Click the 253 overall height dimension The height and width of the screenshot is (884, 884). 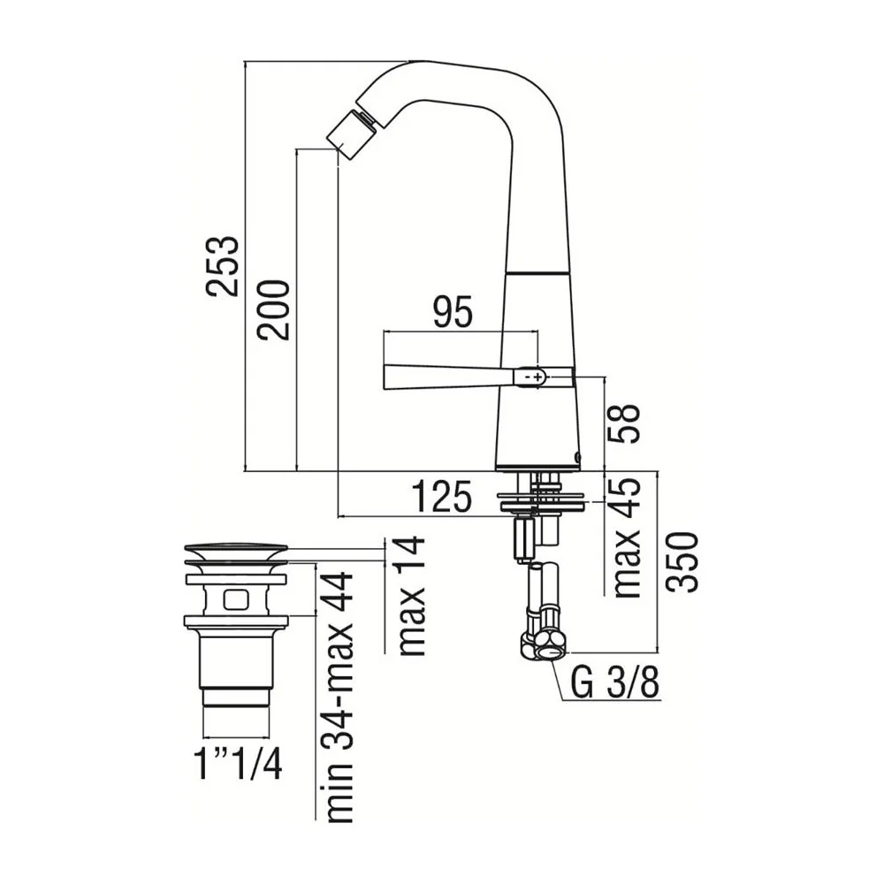[222, 265]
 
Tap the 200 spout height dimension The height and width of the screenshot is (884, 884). [273, 309]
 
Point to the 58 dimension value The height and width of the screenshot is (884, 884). [625, 423]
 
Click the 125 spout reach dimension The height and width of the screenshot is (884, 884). [441, 497]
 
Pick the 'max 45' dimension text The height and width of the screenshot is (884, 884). [627, 537]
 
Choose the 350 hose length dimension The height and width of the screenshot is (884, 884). [682, 561]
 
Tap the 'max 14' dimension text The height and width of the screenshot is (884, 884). [411, 595]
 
